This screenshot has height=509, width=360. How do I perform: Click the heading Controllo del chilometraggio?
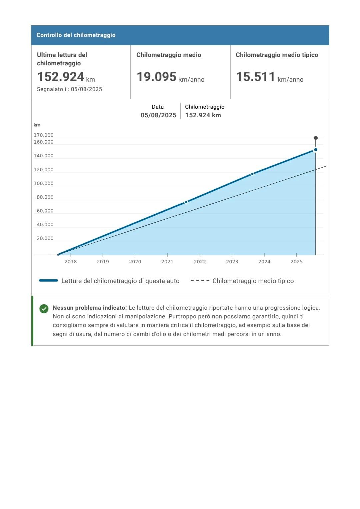click(76, 35)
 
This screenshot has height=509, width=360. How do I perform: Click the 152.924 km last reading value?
click(66, 77)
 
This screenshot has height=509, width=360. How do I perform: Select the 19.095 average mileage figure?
click(156, 77)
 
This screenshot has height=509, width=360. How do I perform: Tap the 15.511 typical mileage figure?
click(255, 77)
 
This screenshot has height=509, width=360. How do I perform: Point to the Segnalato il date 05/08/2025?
click(86, 89)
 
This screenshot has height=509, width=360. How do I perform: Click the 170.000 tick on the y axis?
click(44, 135)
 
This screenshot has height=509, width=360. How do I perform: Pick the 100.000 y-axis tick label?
click(44, 183)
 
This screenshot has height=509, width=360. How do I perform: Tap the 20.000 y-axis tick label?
click(45, 238)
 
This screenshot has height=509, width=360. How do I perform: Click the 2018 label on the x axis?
click(71, 262)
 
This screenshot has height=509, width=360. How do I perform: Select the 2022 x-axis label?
click(200, 262)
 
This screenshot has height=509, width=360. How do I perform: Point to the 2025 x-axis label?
click(296, 262)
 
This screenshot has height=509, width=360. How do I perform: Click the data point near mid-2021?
click(186, 202)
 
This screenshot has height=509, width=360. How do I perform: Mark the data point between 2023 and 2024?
click(252, 174)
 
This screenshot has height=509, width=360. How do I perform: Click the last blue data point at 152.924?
click(316, 150)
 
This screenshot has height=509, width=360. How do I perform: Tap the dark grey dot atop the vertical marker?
click(316, 138)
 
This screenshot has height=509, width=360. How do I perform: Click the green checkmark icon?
click(44, 309)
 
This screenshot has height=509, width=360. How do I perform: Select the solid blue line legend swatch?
click(48, 281)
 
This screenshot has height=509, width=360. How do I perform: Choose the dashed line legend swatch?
click(200, 281)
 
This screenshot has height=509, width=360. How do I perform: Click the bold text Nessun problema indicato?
click(90, 308)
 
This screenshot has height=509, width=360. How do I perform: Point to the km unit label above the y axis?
click(37, 125)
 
